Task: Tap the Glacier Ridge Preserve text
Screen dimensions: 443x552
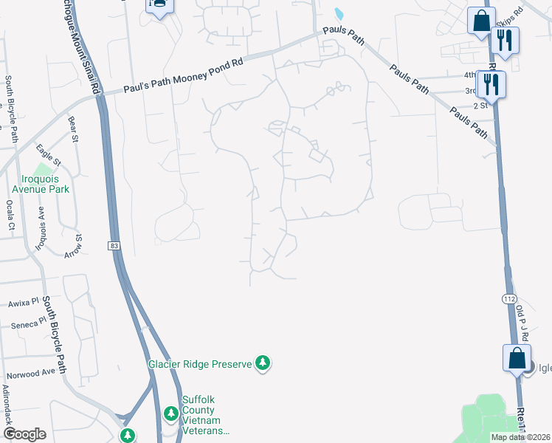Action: [x=199, y=363]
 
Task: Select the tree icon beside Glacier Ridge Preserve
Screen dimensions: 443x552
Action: [x=262, y=363]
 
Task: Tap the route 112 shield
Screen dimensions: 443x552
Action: [x=508, y=298]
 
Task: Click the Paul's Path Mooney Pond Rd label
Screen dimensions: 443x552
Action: [x=183, y=76]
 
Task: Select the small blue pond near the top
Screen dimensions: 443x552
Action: [x=339, y=13]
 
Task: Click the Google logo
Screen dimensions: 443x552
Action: [x=24, y=434]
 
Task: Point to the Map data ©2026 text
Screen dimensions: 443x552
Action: [x=520, y=437]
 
